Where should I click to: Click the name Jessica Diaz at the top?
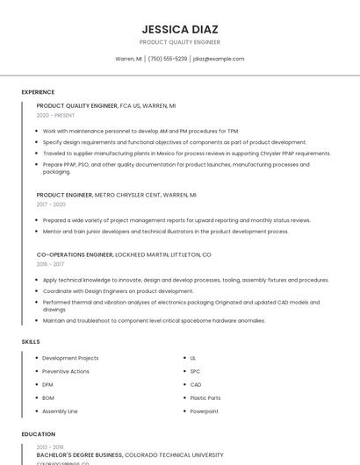point(179,29)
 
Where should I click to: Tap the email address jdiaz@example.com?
point(218,59)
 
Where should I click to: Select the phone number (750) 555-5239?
point(167,59)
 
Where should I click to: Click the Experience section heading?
point(38,92)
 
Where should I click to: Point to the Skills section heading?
point(30,341)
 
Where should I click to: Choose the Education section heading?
point(38,434)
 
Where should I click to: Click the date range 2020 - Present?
point(55,115)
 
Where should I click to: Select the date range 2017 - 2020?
point(51,204)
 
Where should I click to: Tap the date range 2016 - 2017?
point(50,264)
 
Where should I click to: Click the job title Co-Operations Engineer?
point(75,254)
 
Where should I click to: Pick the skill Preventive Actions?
point(66,371)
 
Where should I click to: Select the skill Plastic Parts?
point(205,397)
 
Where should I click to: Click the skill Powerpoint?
point(205,411)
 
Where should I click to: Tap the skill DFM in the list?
point(47,384)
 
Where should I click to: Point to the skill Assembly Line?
point(60,411)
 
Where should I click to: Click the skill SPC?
point(195,371)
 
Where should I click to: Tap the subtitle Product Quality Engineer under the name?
point(179,42)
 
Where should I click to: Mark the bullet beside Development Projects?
point(37,358)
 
